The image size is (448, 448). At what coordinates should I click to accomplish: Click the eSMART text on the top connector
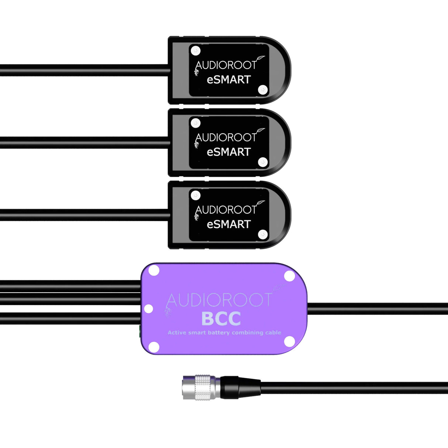click(228, 79)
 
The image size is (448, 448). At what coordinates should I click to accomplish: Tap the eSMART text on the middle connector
click(228, 152)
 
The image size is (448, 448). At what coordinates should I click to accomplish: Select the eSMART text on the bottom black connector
click(228, 224)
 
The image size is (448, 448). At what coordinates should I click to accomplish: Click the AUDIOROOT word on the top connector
click(225, 65)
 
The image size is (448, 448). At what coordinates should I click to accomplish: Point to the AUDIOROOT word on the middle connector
click(225, 138)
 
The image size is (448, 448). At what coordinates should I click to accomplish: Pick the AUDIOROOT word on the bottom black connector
click(225, 210)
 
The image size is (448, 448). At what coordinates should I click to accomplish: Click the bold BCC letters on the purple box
click(221, 319)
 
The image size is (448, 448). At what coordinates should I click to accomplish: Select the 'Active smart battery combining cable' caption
click(224, 332)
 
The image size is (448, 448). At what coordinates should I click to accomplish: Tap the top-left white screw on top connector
click(196, 51)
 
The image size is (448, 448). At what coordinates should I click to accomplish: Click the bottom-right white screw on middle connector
click(263, 162)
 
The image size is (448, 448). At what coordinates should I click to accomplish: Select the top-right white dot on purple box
click(289, 276)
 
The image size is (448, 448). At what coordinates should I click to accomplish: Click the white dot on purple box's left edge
click(148, 309)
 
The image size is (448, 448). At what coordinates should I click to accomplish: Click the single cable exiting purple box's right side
click(376, 309)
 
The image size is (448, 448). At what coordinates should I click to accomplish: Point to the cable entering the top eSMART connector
click(85, 70)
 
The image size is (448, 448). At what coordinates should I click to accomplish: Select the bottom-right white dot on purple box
click(289, 341)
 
